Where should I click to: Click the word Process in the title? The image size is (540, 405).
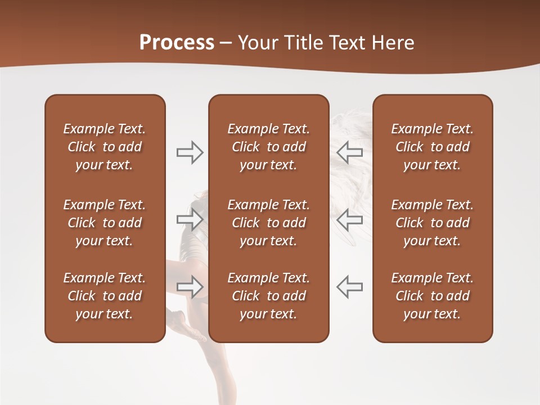(x=177, y=43)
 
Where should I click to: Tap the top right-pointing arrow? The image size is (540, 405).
(x=190, y=152)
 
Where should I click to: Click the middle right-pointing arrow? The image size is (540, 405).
(x=190, y=219)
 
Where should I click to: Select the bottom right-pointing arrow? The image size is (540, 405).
(x=190, y=286)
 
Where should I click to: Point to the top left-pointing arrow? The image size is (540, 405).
(x=350, y=152)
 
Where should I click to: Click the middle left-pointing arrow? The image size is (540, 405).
(x=350, y=219)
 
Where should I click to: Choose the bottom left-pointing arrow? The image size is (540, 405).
(x=350, y=286)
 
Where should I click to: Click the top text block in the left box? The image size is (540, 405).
(x=105, y=147)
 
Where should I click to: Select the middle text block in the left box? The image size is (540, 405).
(x=105, y=223)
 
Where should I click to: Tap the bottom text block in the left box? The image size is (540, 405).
(x=105, y=296)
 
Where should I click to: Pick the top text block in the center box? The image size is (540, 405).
(x=268, y=147)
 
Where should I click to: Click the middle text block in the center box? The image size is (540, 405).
(x=268, y=223)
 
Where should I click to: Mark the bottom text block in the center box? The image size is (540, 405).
(x=268, y=296)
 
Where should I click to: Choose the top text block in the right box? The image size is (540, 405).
(x=432, y=147)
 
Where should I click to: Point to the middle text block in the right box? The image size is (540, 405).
(x=432, y=223)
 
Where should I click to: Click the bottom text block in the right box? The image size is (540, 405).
(x=432, y=296)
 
